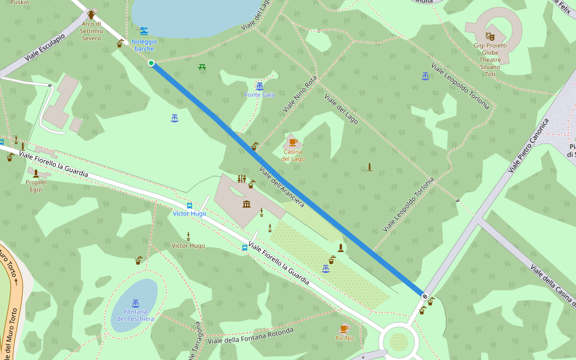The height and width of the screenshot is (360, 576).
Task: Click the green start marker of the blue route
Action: click(151, 63)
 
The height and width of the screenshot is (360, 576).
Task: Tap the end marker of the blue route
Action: click(425, 296)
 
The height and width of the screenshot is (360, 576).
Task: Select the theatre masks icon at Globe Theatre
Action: click(489, 36)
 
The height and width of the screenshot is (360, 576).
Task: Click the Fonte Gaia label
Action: click(260, 95)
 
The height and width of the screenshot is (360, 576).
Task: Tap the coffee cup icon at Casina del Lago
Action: click(293, 142)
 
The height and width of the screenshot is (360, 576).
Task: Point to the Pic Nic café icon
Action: click(344, 329)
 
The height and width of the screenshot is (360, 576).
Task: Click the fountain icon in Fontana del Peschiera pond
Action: click(136, 303)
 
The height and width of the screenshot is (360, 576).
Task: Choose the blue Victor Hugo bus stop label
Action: click(189, 214)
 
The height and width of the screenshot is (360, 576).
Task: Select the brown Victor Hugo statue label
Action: click(188, 246)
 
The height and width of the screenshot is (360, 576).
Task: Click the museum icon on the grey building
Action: click(247, 205)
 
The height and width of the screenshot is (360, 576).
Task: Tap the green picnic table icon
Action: click(202, 67)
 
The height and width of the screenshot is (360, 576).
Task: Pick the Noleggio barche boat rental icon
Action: click(143, 31)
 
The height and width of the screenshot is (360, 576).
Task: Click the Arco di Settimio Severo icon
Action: click(91, 14)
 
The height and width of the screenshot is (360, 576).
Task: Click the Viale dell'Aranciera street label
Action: click(282, 187)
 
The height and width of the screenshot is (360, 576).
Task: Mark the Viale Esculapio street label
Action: click(44, 51)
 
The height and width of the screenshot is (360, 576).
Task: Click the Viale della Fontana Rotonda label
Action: click(250, 336)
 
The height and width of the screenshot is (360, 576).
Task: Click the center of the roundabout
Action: click(398, 342)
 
